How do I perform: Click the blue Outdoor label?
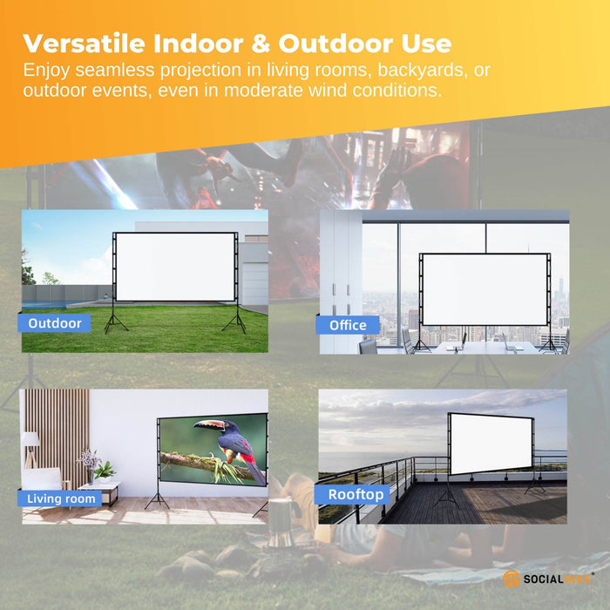point(54,323)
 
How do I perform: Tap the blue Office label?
point(348,325)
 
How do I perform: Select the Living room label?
point(61,499)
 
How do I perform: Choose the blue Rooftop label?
point(356,494)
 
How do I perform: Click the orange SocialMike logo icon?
point(512,579)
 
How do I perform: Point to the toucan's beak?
point(208,426)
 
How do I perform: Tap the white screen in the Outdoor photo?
point(176,267)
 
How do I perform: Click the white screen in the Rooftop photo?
point(491,444)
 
